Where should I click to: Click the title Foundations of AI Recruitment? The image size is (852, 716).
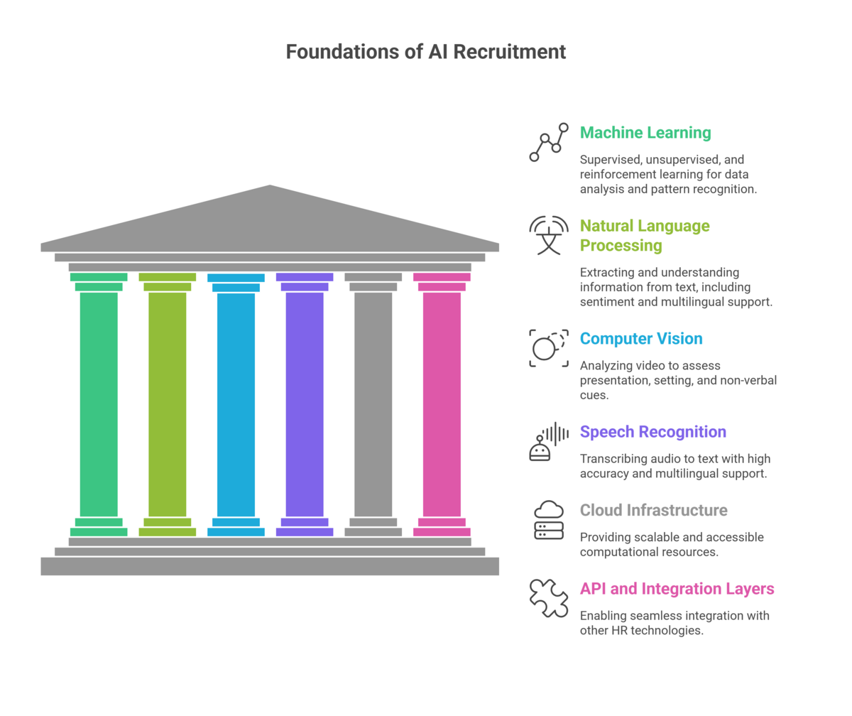pyautogui.click(x=426, y=52)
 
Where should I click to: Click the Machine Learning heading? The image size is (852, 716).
pyautogui.click(x=645, y=133)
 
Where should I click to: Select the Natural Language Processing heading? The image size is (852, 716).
pyautogui.click(x=644, y=236)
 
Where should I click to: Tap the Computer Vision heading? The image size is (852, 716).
pyautogui.click(x=641, y=339)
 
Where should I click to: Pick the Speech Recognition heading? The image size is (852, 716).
pyautogui.click(x=652, y=432)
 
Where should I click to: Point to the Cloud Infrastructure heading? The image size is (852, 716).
pyautogui.click(x=653, y=510)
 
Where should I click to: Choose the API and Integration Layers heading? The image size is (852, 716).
pyautogui.click(x=677, y=589)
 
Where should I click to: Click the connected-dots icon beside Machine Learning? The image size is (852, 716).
pyautogui.click(x=549, y=142)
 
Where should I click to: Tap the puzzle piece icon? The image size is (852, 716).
pyautogui.click(x=549, y=597)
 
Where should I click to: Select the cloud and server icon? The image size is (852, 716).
pyautogui.click(x=549, y=519)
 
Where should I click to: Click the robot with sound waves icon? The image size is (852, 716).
pyautogui.click(x=549, y=441)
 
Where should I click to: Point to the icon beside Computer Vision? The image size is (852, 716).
pyautogui.click(x=549, y=348)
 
